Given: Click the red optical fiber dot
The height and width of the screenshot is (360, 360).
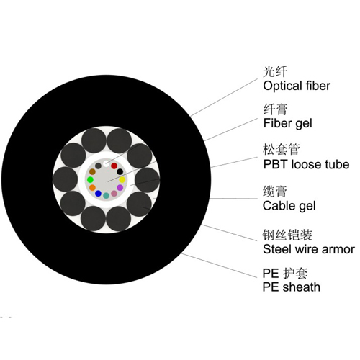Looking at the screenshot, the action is point(114,166).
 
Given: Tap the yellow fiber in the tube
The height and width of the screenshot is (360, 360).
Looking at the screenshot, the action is point(122,179).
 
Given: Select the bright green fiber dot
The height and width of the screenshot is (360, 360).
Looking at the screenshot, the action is point(90,179).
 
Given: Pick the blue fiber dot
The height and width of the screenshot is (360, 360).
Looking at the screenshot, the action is point(98,193).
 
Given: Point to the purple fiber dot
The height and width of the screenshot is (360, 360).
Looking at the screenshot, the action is point(120,188).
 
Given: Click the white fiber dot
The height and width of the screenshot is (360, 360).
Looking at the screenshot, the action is point(107,163).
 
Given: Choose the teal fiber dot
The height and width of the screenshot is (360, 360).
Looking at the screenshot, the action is point(106,196).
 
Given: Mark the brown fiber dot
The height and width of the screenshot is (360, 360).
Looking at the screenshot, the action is point(92,171).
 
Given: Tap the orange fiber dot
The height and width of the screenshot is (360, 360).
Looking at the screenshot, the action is point(92,188).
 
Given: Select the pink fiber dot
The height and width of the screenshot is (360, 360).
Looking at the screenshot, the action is point(114,194).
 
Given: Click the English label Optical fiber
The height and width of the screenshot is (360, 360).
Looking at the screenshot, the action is point(297,86).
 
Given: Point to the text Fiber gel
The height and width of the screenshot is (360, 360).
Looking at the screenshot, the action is point(287,123).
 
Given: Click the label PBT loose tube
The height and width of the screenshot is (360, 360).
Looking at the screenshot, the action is point(306,164).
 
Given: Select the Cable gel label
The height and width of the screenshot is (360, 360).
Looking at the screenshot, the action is point(289,206).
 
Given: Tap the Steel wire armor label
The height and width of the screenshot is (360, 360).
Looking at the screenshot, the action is point(309,249).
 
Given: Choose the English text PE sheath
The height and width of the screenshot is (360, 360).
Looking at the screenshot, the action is point(292,287).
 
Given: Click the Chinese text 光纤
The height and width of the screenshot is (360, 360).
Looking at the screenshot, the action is point(275,71).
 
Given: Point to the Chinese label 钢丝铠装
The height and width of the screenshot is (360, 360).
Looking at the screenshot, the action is point(287,235).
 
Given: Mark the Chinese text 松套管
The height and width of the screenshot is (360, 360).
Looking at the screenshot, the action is point(282,149).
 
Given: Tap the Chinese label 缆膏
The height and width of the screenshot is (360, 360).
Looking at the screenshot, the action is point(275,192).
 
